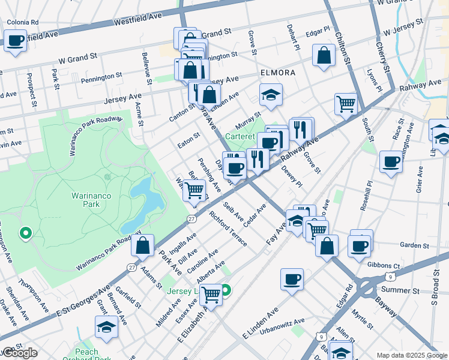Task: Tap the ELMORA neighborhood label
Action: click(277, 73)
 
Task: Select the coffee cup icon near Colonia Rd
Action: click(16, 41)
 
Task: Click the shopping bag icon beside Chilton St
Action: click(324, 56)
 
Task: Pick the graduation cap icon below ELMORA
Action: click(271, 95)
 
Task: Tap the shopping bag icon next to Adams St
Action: click(143, 246)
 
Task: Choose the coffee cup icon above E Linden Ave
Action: click(292, 279)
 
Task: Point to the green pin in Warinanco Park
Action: click(25, 233)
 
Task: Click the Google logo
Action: click(20, 353)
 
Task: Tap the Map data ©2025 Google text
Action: click(412, 355)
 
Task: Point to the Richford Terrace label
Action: click(228, 228)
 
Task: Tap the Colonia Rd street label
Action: click(22, 22)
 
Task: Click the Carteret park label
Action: click(240, 137)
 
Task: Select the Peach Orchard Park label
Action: click(87, 355)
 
